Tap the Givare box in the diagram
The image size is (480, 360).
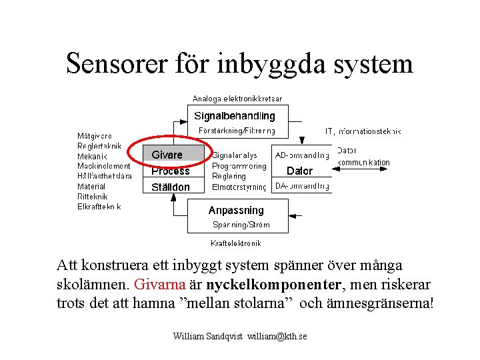pos(167,155)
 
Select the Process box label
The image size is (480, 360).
pos(171,171)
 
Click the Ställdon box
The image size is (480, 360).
pos(171,187)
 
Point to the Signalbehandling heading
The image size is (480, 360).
pos(235,116)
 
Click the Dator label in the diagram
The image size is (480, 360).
pos(299,171)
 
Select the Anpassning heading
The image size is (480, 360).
pos(236,210)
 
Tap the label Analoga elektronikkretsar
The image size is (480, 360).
pos(237,99)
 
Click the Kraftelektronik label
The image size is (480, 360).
pos(236,243)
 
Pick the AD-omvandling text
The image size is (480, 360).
pos(302,155)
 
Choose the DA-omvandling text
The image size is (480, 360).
pos(302,187)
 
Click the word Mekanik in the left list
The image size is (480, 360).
pos(92,157)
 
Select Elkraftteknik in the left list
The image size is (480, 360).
pos(99,207)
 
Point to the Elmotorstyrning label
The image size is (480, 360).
pos(239,187)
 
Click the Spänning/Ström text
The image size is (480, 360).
pos(241,225)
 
